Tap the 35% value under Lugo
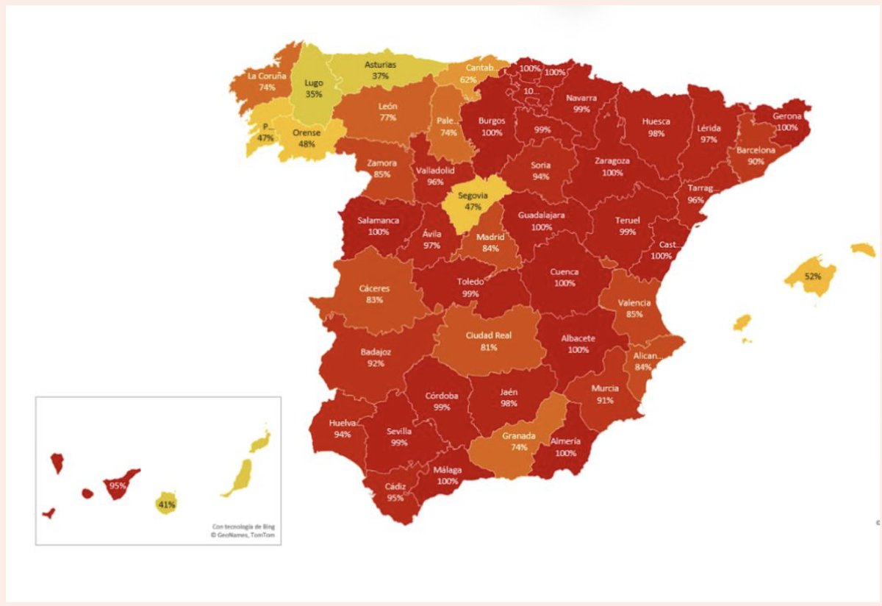[x=313, y=95]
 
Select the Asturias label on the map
[x=380, y=65]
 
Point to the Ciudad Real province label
[x=488, y=335]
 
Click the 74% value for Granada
[x=519, y=447]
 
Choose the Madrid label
[x=490, y=238]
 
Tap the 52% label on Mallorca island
[x=812, y=277]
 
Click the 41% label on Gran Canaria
[x=166, y=505]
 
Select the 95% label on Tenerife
[x=117, y=485]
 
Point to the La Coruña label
[x=266, y=76]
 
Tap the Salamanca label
[x=379, y=221]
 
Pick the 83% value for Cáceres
[x=375, y=300]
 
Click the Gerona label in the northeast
[x=786, y=116]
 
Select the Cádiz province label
[x=395, y=487]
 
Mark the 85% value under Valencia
[x=634, y=314]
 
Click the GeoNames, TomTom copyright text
[x=243, y=535]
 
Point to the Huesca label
[x=656, y=122]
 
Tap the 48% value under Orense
[x=306, y=144]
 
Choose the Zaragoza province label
[x=612, y=162]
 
